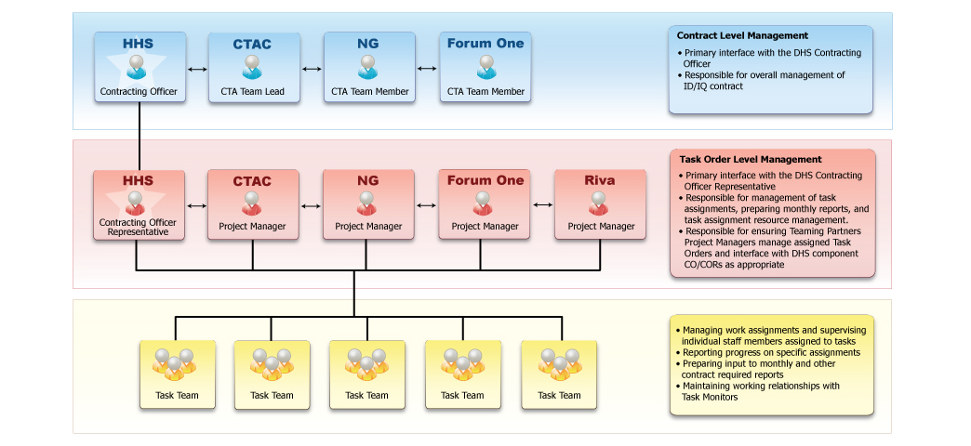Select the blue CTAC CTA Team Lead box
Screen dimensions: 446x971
253,68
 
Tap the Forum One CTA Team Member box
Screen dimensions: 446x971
485,68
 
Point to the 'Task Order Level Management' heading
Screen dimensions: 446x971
751,160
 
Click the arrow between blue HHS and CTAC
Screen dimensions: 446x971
196,69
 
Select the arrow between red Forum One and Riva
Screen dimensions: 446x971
542,205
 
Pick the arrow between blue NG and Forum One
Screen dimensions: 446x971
427,69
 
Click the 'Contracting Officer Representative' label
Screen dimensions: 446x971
137,228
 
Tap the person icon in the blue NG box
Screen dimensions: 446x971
368,66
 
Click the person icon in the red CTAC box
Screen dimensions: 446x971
252,202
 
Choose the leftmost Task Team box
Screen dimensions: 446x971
177,374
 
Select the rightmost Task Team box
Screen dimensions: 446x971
559,374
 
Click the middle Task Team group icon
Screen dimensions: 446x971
366,363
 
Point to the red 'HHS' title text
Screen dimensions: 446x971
138,180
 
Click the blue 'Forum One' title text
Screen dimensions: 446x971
485,43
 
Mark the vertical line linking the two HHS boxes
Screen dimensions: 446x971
139,135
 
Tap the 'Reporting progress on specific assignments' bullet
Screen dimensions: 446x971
771,352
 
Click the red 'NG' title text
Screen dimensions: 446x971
368,180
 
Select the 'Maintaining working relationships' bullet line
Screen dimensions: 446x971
761,386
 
